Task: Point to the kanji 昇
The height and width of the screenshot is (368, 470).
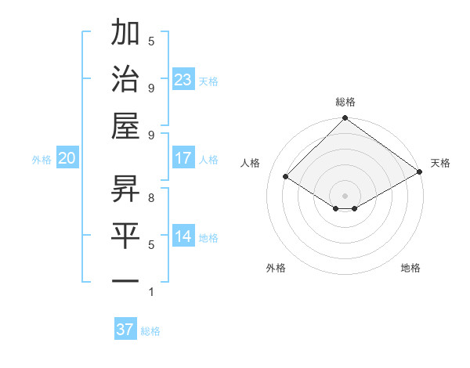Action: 125,188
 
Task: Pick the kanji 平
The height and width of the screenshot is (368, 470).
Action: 125,235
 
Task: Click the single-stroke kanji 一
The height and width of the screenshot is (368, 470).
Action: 125,280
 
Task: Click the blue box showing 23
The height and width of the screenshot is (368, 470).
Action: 183,79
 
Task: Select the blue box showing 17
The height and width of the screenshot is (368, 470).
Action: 183,158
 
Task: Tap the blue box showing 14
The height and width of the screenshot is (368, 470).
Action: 183,236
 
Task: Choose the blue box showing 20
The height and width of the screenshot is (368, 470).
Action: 67,158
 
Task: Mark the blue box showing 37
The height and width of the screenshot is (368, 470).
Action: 125,330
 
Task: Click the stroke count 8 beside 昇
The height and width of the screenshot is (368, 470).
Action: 151,197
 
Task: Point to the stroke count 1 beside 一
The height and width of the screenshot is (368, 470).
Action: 151,292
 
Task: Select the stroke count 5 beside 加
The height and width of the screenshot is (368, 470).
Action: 151,41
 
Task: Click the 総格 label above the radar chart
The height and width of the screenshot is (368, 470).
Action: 345,102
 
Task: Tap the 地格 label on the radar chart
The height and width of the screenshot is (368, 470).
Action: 410,268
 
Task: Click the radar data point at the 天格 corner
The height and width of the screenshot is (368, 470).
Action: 420,172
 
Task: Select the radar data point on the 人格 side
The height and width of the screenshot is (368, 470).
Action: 286,177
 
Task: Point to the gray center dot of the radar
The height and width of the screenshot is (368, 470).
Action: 345,195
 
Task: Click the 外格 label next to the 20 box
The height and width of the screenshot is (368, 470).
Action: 42,159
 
